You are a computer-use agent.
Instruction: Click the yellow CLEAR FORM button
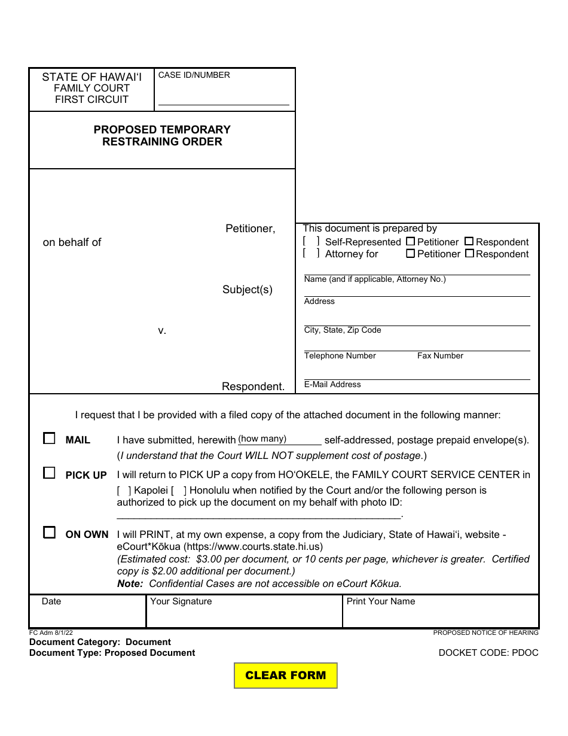click(285, 676)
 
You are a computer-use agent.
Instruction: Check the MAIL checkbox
click(49, 439)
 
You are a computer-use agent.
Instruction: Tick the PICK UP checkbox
click(49, 473)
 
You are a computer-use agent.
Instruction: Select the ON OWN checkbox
click(49, 533)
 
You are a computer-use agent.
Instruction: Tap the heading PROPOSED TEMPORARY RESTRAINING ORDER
click(162, 136)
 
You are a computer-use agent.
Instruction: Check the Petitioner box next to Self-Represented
click(410, 242)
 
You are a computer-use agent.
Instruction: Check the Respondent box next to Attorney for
click(469, 254)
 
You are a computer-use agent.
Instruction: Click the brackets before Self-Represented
click(311, 241)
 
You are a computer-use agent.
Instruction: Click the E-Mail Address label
click(332, 385)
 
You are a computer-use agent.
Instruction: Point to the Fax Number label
click(440, 356)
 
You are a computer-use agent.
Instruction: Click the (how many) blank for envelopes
click(280, 440)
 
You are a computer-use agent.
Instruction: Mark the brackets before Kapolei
click(124, 491)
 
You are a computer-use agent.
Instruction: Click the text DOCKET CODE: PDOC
click(488, 653)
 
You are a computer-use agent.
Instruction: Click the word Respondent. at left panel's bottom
click(253, 387)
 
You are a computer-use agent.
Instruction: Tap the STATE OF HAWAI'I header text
click(91, 77)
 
